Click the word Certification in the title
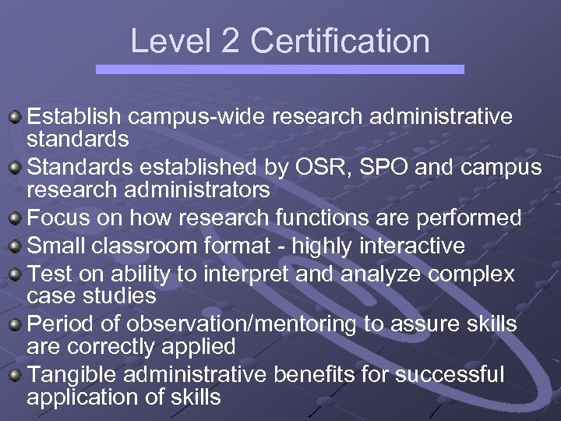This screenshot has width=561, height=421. pos(340,41)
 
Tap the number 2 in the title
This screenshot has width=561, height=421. pos(230,41)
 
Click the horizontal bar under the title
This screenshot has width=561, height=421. pos(280,69)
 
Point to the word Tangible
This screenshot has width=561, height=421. pos(73,374)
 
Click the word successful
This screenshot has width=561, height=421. pos(450,374)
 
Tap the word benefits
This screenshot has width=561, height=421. pos(319,374)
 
